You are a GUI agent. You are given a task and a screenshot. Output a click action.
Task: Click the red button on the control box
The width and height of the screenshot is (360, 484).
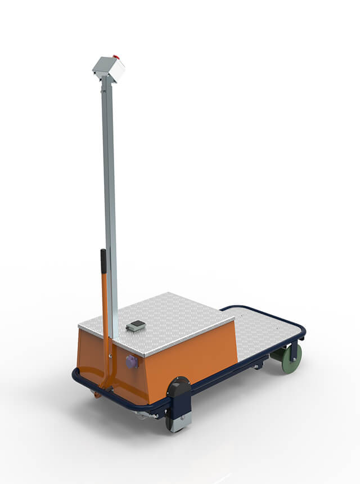(116, 56)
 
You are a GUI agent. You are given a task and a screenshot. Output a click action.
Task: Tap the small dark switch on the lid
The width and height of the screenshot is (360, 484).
(136, 325)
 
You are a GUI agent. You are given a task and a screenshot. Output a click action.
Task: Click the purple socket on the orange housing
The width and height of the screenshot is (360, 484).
(132, 362)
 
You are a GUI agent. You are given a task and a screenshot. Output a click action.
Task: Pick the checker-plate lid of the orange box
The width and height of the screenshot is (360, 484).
(163, 321)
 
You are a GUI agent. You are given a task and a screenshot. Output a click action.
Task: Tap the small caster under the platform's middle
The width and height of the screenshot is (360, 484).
(257, 367)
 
